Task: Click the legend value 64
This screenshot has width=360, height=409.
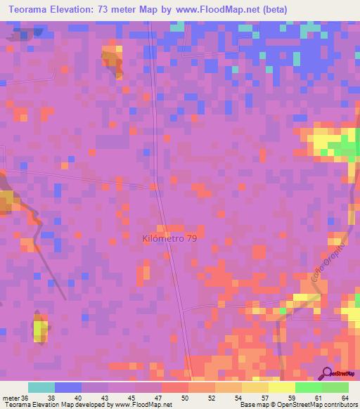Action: pos(345,397)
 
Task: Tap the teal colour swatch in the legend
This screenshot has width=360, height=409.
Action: pos(41,387)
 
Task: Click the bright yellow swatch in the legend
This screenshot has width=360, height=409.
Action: pos(281,387)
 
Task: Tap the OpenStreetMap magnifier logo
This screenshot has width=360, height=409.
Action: pos(327,373)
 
